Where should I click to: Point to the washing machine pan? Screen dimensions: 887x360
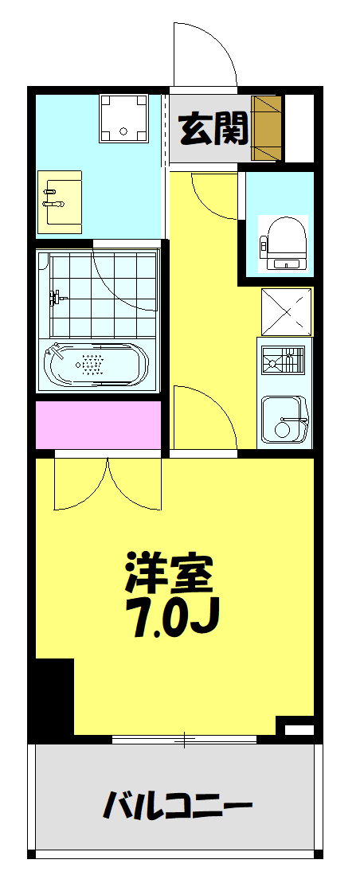click(124, 119)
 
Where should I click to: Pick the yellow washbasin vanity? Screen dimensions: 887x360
click(61, 202)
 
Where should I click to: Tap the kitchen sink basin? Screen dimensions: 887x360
click(283, 420)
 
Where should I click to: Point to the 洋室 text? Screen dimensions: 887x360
click(169, 571)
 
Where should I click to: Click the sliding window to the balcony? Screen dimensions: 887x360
click(184, 740)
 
